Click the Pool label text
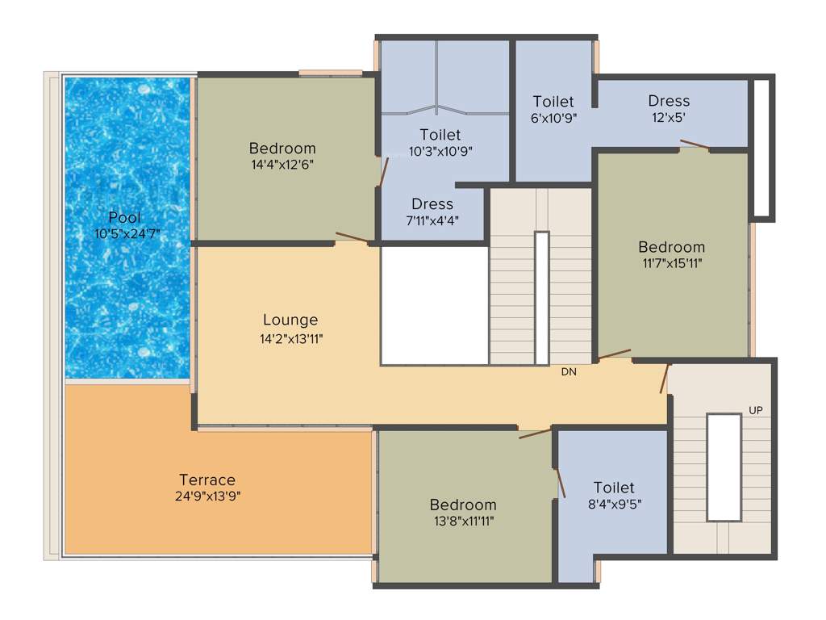pos(125,217)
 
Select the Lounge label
pos(290,320)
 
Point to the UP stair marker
pos(755,410)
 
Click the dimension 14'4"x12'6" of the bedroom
pos(282,165)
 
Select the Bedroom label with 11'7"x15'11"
pos(671,247)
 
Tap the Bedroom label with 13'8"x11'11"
pos(462,505)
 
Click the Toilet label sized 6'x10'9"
pos(553,102)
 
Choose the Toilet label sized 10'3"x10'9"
pos(440,134)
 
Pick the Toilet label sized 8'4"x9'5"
pos(614,488)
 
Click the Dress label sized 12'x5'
pos(669,101)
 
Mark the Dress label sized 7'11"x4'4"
pos(432,204)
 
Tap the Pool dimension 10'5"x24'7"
pos(125,233)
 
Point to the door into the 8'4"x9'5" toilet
pos(560,482)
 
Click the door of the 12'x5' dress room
pos(695,145)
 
